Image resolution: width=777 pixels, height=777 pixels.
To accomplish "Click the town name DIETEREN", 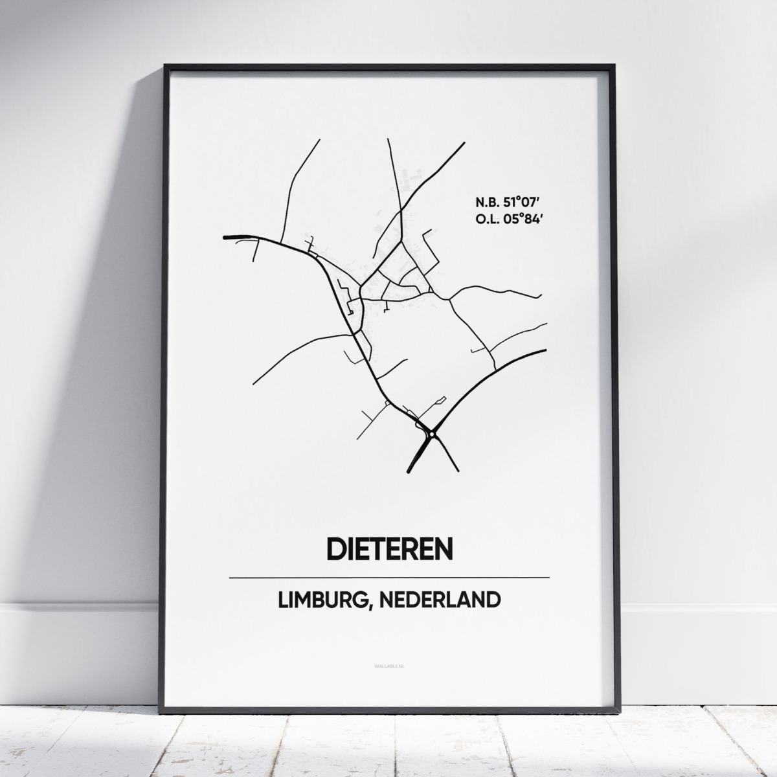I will click(x=389, y=549).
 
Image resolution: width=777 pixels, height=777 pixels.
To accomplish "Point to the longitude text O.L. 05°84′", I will click(x=506, y=219).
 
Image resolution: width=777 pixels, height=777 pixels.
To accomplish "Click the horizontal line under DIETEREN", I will click(x=389, y=577).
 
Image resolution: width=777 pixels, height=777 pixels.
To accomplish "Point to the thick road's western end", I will click(x=225, y=238).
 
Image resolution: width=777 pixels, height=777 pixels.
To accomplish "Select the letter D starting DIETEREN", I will click(x=337, y=549).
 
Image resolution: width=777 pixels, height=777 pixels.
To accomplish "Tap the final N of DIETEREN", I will click(x=443, y=549).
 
